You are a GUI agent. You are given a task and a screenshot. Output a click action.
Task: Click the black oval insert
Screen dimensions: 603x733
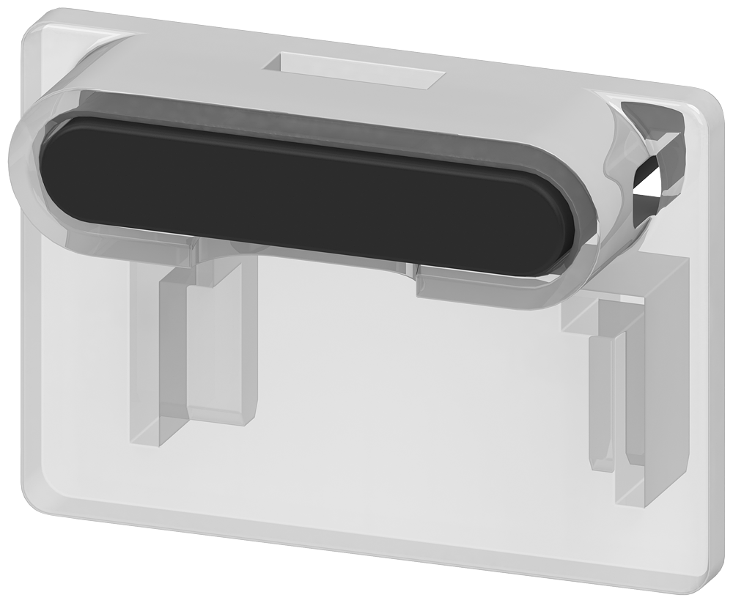click(308, 194)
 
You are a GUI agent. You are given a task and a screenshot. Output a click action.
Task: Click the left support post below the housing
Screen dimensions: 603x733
click(220, 344)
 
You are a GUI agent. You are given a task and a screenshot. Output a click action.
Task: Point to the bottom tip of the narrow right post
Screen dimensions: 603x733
click(603, 466)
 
